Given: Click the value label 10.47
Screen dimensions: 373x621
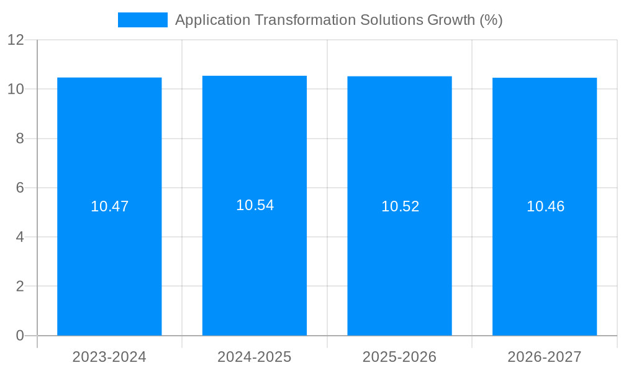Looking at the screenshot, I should (x=109, y=206).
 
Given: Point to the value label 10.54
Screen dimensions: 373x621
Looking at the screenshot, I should (x=255, y=205).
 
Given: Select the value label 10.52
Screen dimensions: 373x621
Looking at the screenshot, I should (x=400, y=206).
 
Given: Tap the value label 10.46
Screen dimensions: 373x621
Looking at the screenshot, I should (x=545, y=206).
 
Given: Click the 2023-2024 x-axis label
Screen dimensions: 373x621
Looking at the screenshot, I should (x=109, y=357).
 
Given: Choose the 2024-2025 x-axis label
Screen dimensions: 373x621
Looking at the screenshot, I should (x=255, y=357).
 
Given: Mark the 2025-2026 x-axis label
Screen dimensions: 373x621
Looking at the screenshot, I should (x=399, y=357).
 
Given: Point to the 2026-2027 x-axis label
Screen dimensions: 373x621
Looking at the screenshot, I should (x=545, y=357).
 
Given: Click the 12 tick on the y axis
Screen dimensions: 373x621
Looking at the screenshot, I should (x=16, y=40).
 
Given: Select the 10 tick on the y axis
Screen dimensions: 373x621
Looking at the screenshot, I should (x=16, y=89).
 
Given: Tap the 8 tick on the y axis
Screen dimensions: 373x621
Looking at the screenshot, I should (x=20, y=139).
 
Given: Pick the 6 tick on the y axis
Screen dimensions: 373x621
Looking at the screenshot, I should (x=20, y=188).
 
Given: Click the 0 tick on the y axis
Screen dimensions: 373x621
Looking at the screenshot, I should (x=20, y=336).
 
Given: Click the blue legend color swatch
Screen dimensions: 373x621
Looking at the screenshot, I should (x=143, y=20).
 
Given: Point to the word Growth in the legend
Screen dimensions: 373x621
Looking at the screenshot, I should (x=451, y=20).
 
